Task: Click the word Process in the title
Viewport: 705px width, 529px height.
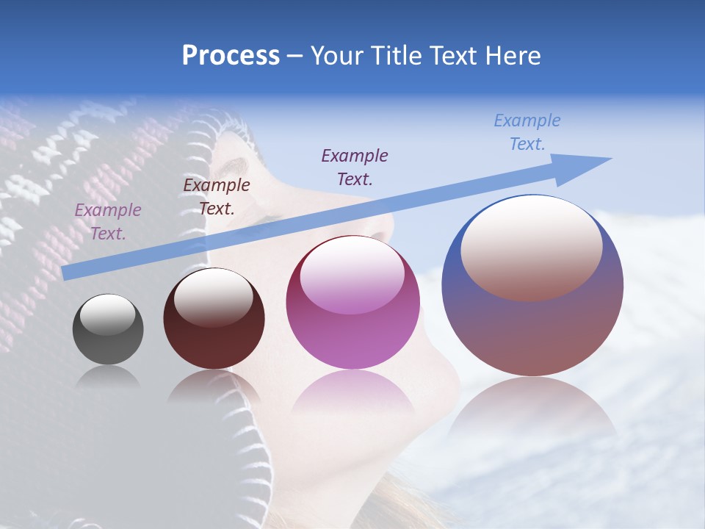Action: pos(231,56)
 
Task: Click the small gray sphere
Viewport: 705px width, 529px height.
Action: pos(108,329)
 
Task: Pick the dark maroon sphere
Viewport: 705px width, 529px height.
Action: pos(214,319)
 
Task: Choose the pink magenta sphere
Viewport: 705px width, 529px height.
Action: pos(352,303)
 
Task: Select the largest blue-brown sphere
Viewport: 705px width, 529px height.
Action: pos(532,285)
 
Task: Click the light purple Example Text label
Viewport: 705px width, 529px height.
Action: pos(108,222)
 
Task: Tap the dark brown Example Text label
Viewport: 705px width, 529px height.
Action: pos(217,197)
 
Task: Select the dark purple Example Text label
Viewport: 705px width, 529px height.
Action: pos(355,167)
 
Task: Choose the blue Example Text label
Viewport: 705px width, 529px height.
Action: pos(527,132)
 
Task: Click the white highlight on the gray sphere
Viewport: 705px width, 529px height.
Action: pos(108,314)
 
